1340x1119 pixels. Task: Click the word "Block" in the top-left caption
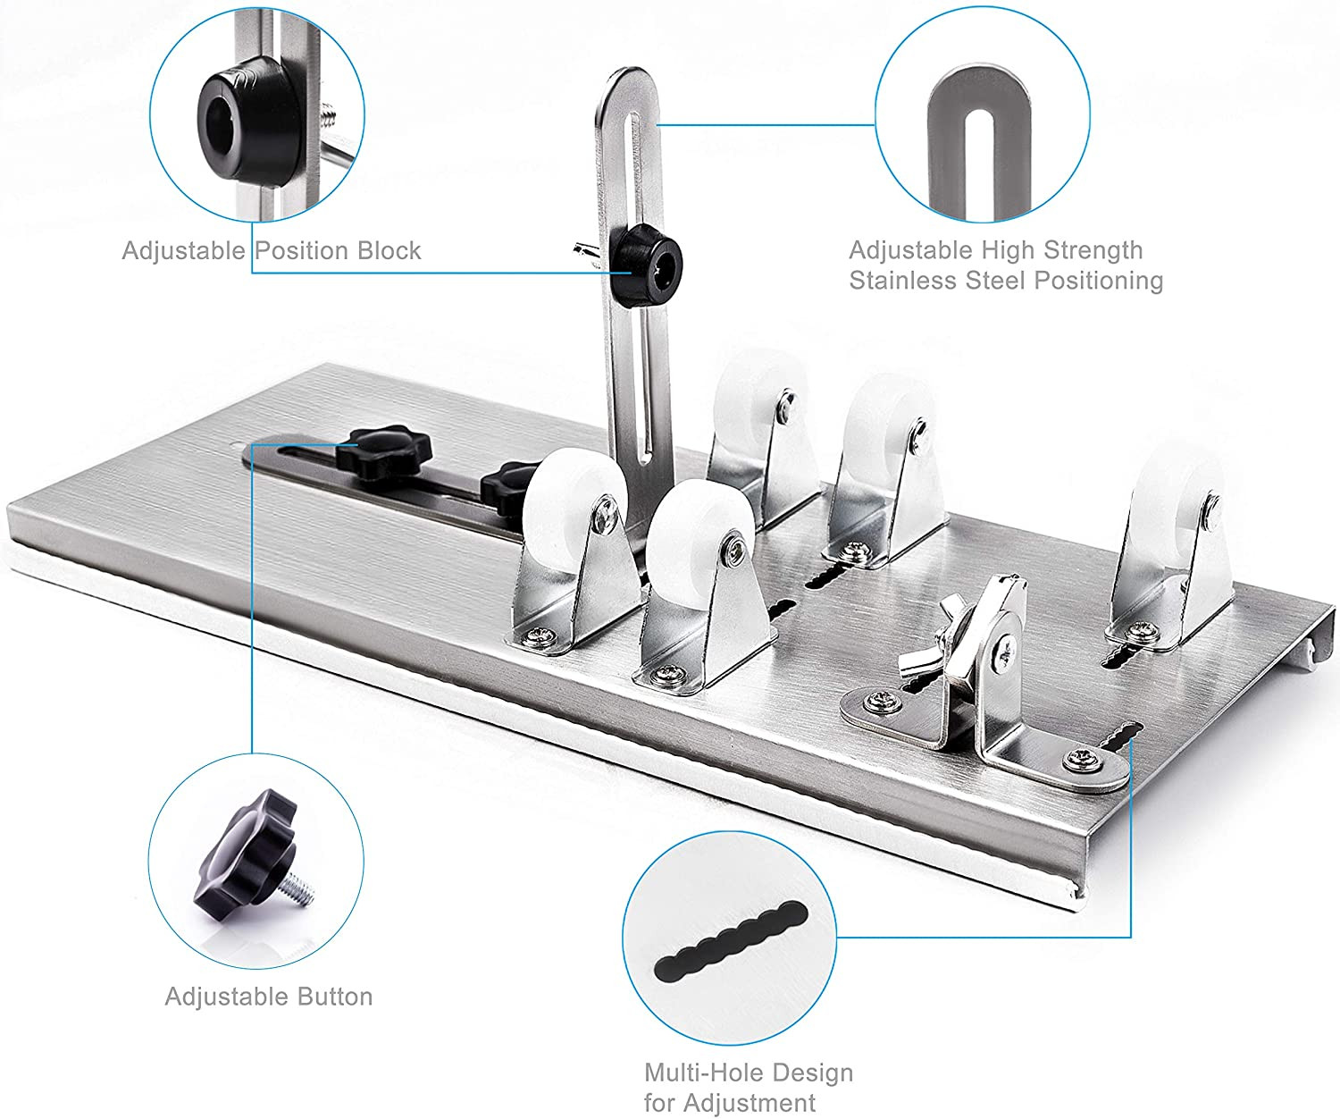click(x=389, y=250)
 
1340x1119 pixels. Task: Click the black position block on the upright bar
click(x=646, y=264)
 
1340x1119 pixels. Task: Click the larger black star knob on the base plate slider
click(x=384, y=452)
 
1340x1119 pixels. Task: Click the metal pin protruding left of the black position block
click(x=588, y=252)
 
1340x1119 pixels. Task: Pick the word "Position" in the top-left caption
click(x=302, y=250)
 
